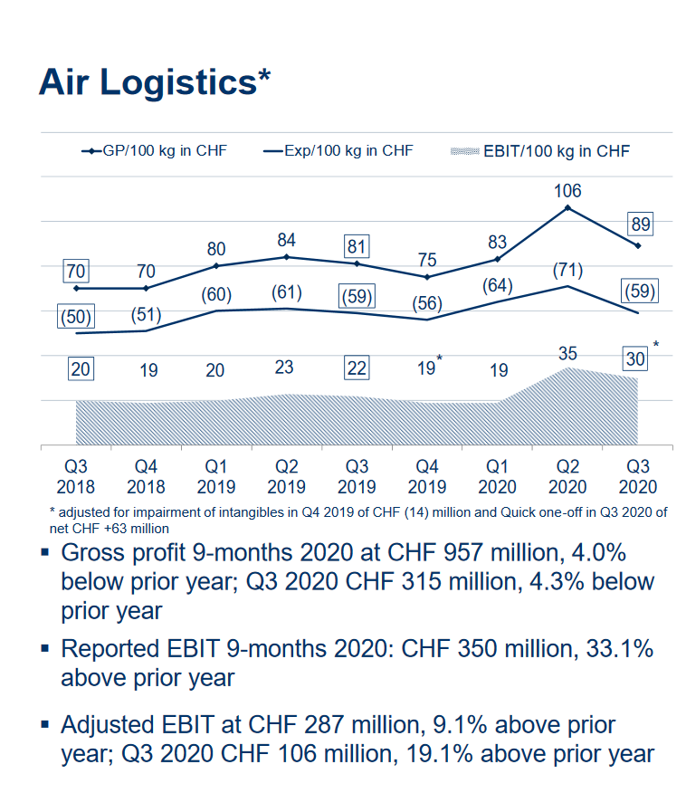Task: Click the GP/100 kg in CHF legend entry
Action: click(x=154, y=151)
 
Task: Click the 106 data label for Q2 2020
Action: click(x=567, y=191)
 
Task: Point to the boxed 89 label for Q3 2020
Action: click(x=640, y=225)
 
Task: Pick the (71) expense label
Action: click(x=567, y=270)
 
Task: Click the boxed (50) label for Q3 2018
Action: click(x=76, y=318)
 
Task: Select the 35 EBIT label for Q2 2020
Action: click(x=567, y=353)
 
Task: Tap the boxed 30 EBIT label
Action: click(x=636, y=358)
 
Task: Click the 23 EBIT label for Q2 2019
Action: click(x=287, y=368)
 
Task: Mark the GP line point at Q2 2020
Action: click(x=567, y=207)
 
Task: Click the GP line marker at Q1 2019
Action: click(x=216, y=265)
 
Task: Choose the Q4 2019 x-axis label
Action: click(x=427, y=476)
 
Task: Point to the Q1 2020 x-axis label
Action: click(x=498, y=476)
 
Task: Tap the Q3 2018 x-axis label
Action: click(x=76, y=476)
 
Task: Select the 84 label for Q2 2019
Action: click(x=287, y=240)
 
